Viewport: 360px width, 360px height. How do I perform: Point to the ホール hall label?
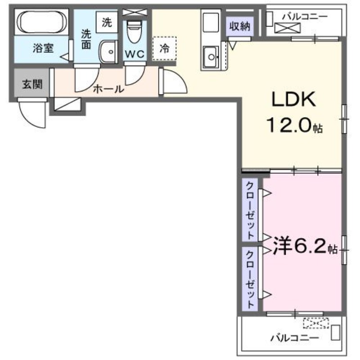click(x=108, y=89)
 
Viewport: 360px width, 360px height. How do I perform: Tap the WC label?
click(x=134, y=54)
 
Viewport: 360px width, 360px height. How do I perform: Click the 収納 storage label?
click(x=238, y=26)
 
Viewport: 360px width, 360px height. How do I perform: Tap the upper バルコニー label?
click(x=305, y=16)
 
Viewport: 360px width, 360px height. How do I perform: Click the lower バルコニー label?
click(x=295, y=337)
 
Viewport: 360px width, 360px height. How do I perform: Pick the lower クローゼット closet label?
click(x=249, y=279)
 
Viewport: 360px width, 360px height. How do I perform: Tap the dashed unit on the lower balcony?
click(x=316, y=323)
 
